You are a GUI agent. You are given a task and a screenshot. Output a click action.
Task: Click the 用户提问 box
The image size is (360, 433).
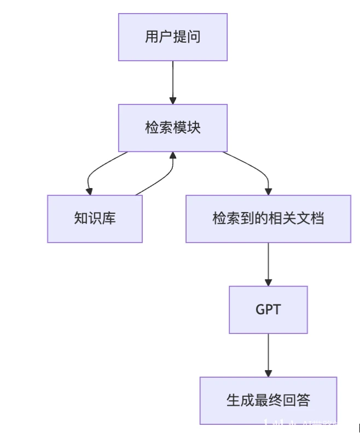click(172, 37)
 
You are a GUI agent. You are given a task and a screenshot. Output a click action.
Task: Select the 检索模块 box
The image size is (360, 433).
click(172, 128)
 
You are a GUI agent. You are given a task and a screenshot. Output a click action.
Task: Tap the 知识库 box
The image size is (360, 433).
click(95, 219)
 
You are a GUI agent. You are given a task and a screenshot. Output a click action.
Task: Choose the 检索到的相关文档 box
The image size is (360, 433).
click(268, 219)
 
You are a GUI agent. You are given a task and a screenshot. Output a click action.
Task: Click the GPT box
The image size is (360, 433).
click(268, 309)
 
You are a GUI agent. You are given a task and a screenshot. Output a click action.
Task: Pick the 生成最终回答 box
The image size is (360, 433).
click(268, 400)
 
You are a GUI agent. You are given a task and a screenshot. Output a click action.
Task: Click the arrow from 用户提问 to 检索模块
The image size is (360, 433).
click(173, 82)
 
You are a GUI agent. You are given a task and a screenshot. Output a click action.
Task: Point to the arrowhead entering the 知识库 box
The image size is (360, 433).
click(88, 191)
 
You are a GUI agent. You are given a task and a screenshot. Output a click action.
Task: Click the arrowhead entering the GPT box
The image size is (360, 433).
click(268, 282)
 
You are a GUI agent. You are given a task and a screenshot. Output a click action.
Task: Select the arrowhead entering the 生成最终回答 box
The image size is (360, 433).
click(268, 373)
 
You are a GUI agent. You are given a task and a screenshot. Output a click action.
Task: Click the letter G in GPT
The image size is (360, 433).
click(260, 309)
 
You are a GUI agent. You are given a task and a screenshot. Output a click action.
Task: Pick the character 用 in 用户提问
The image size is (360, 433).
click(152, 37)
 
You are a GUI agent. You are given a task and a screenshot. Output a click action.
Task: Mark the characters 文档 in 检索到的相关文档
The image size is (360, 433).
click(310, 219)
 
